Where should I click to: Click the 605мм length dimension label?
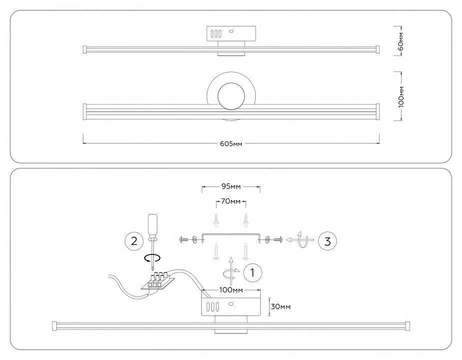coord(231,143)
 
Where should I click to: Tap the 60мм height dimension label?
coord(401,40)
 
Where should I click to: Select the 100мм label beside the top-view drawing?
coord(401,96)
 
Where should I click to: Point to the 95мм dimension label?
coord(231,186)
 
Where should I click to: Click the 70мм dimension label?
coord(231,201)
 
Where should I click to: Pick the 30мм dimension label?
coord(281,306)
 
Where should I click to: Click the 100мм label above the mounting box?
coord(231,290)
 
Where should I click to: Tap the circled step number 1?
coord(253,272)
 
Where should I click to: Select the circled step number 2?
coord(134,241)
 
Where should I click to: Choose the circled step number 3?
coord(327,241)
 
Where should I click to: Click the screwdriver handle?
coord(152,224)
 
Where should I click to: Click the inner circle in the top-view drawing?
coord(231,96)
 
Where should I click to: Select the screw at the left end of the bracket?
coord(183,239)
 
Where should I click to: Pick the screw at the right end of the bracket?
coord(278,239)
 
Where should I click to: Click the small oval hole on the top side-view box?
coord(231,30)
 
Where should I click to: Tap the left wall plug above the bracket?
coord(217,220)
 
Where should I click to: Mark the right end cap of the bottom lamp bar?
coord(408,326)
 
